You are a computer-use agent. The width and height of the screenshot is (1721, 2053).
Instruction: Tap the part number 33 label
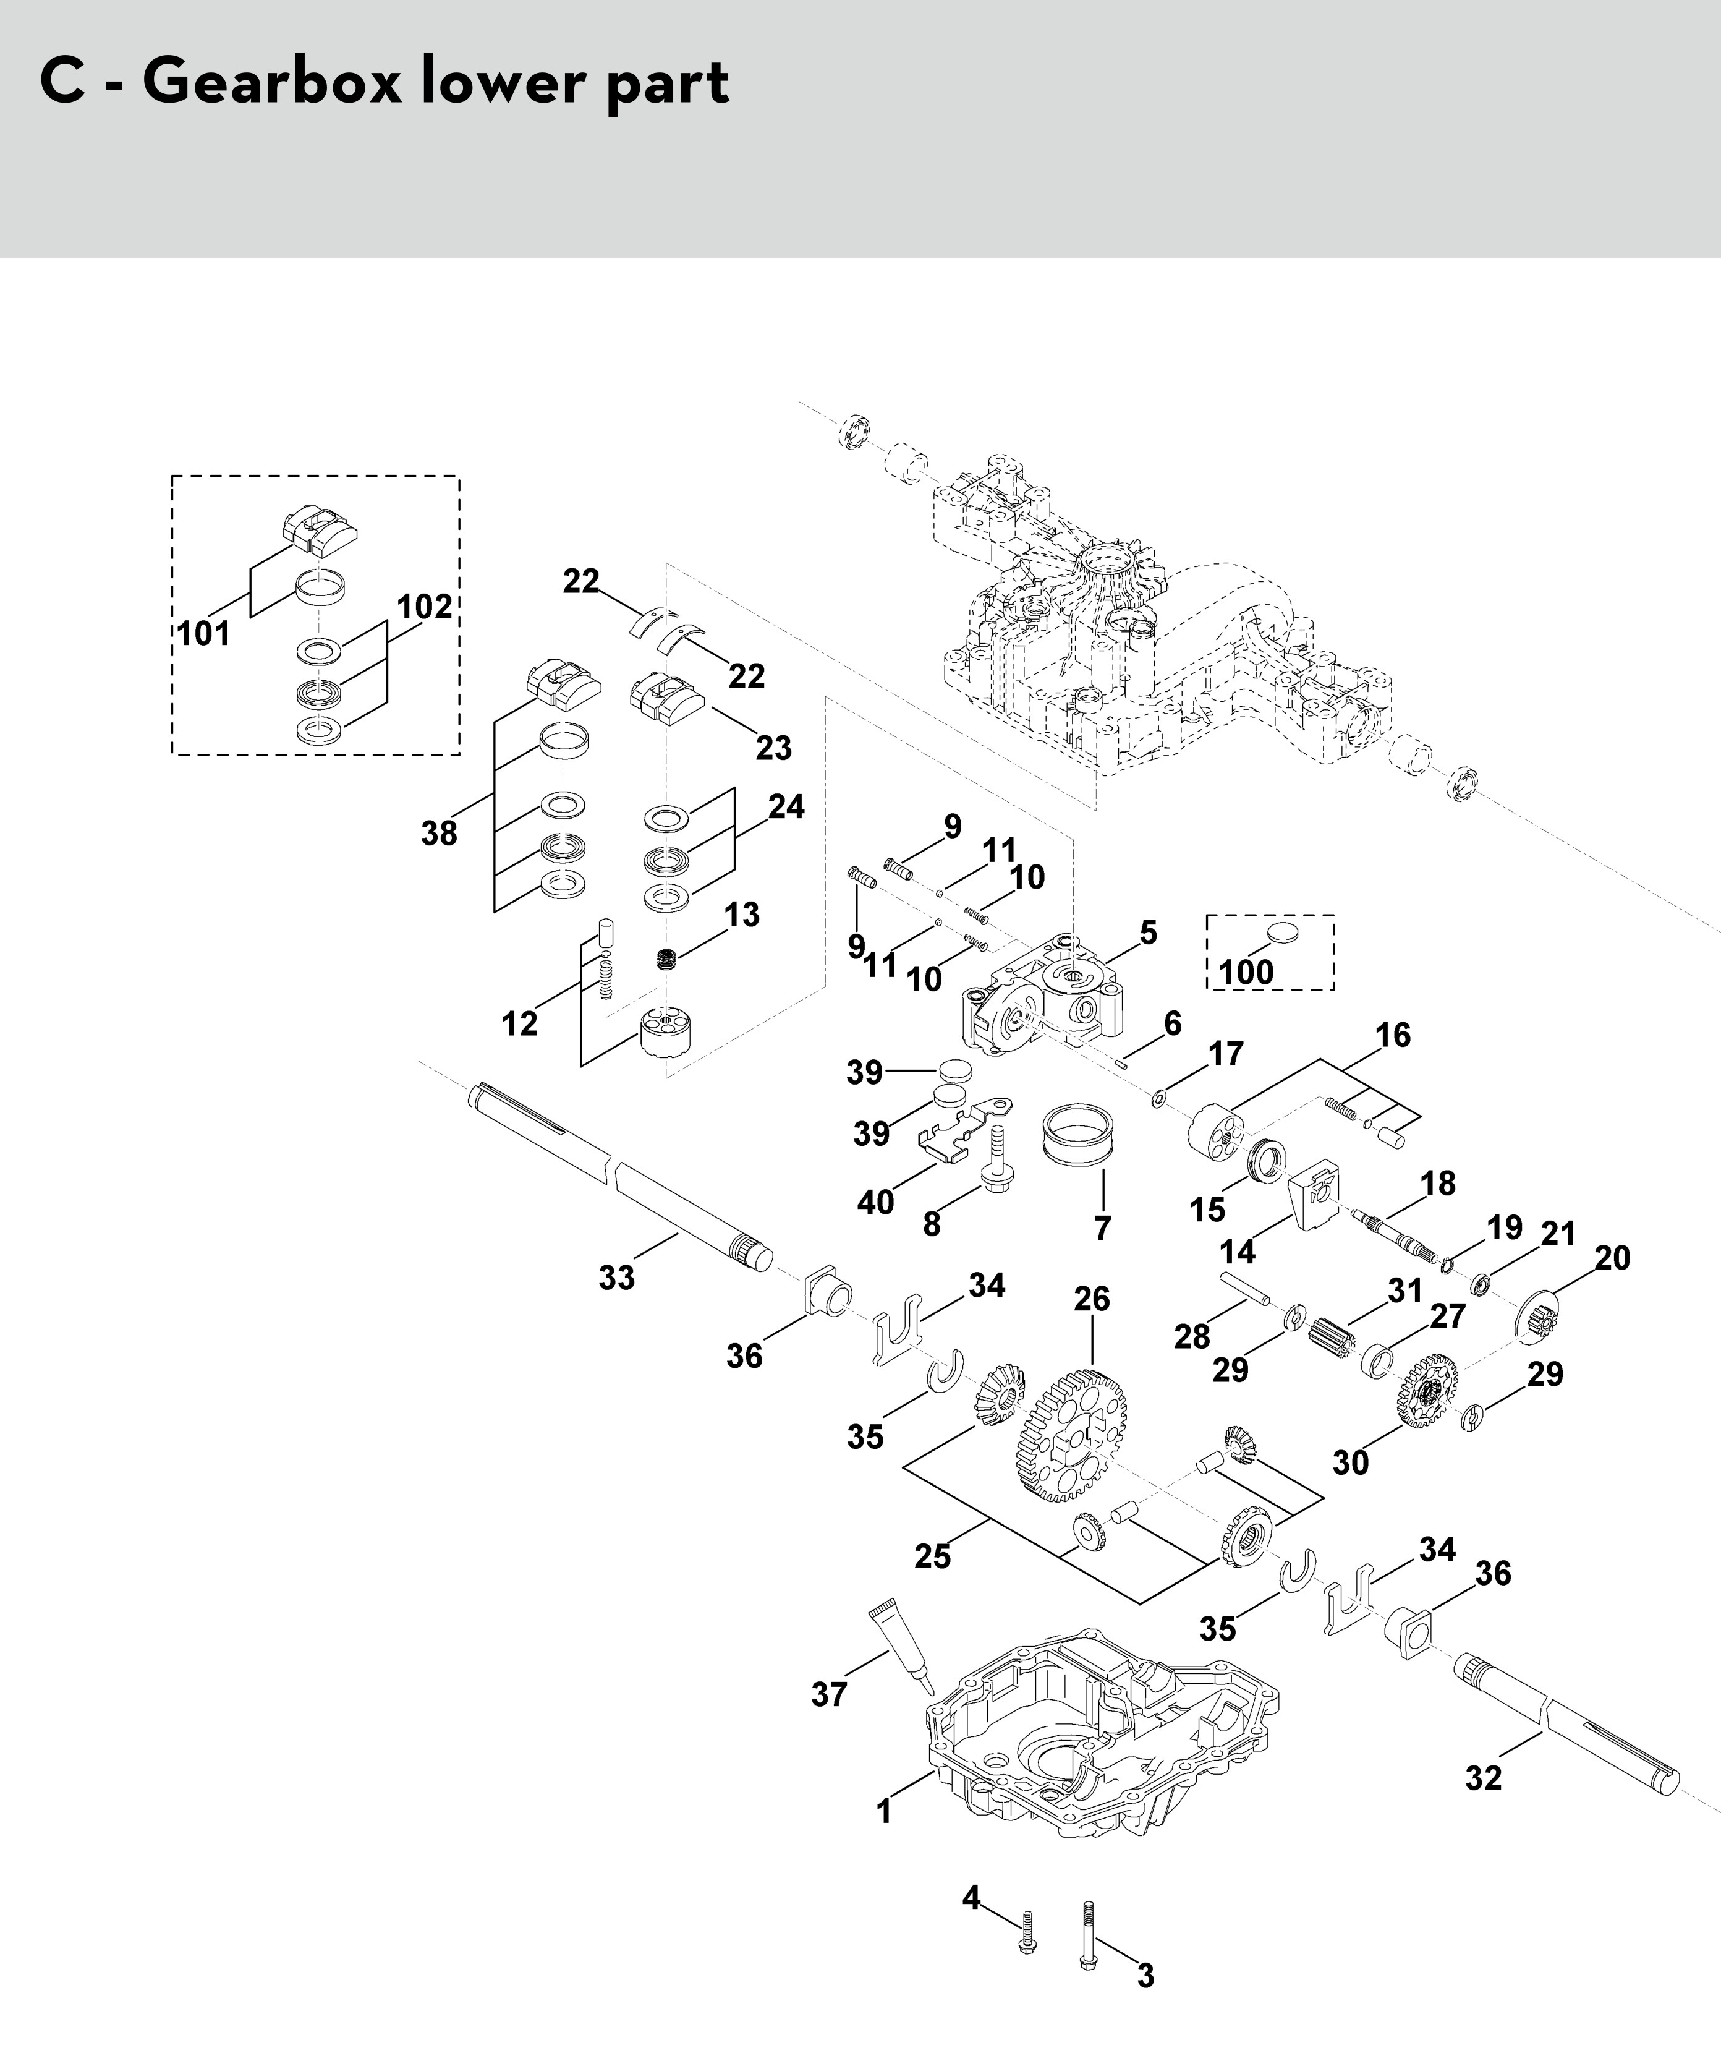(x=617, y=1277)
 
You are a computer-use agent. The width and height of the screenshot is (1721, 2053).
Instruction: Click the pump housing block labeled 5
(x=1055, y=997)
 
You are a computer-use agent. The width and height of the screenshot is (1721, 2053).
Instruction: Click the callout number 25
(x=932, y=1555)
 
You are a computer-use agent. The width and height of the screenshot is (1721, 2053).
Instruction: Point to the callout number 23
(x=774, y=748)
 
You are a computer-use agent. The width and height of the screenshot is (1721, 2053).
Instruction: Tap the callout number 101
(x=204, y=633)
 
